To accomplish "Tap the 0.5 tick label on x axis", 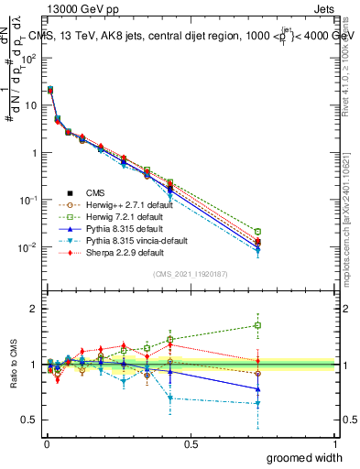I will click(191, 444).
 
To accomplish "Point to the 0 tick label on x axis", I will click(46, 444).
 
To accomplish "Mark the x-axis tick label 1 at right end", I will click(335, 444).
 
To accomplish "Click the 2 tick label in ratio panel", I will click(32, 309).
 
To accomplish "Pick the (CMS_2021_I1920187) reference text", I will click(191, 274).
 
